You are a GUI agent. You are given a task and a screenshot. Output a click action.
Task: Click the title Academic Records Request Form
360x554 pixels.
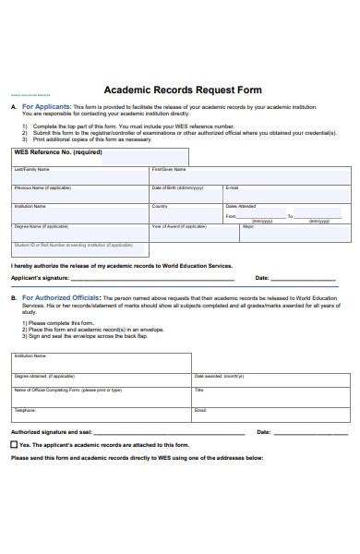pos(183,90)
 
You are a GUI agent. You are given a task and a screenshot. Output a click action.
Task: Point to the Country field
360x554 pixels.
pos(186,213)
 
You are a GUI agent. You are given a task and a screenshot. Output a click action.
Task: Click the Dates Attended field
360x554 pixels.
pos(286,217)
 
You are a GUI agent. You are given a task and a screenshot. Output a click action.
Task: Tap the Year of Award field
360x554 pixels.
pos(195,233)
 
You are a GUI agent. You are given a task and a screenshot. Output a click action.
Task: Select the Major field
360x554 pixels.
pos(295,233)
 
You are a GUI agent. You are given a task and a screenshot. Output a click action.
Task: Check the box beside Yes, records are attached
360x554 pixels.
pos(14,444)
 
